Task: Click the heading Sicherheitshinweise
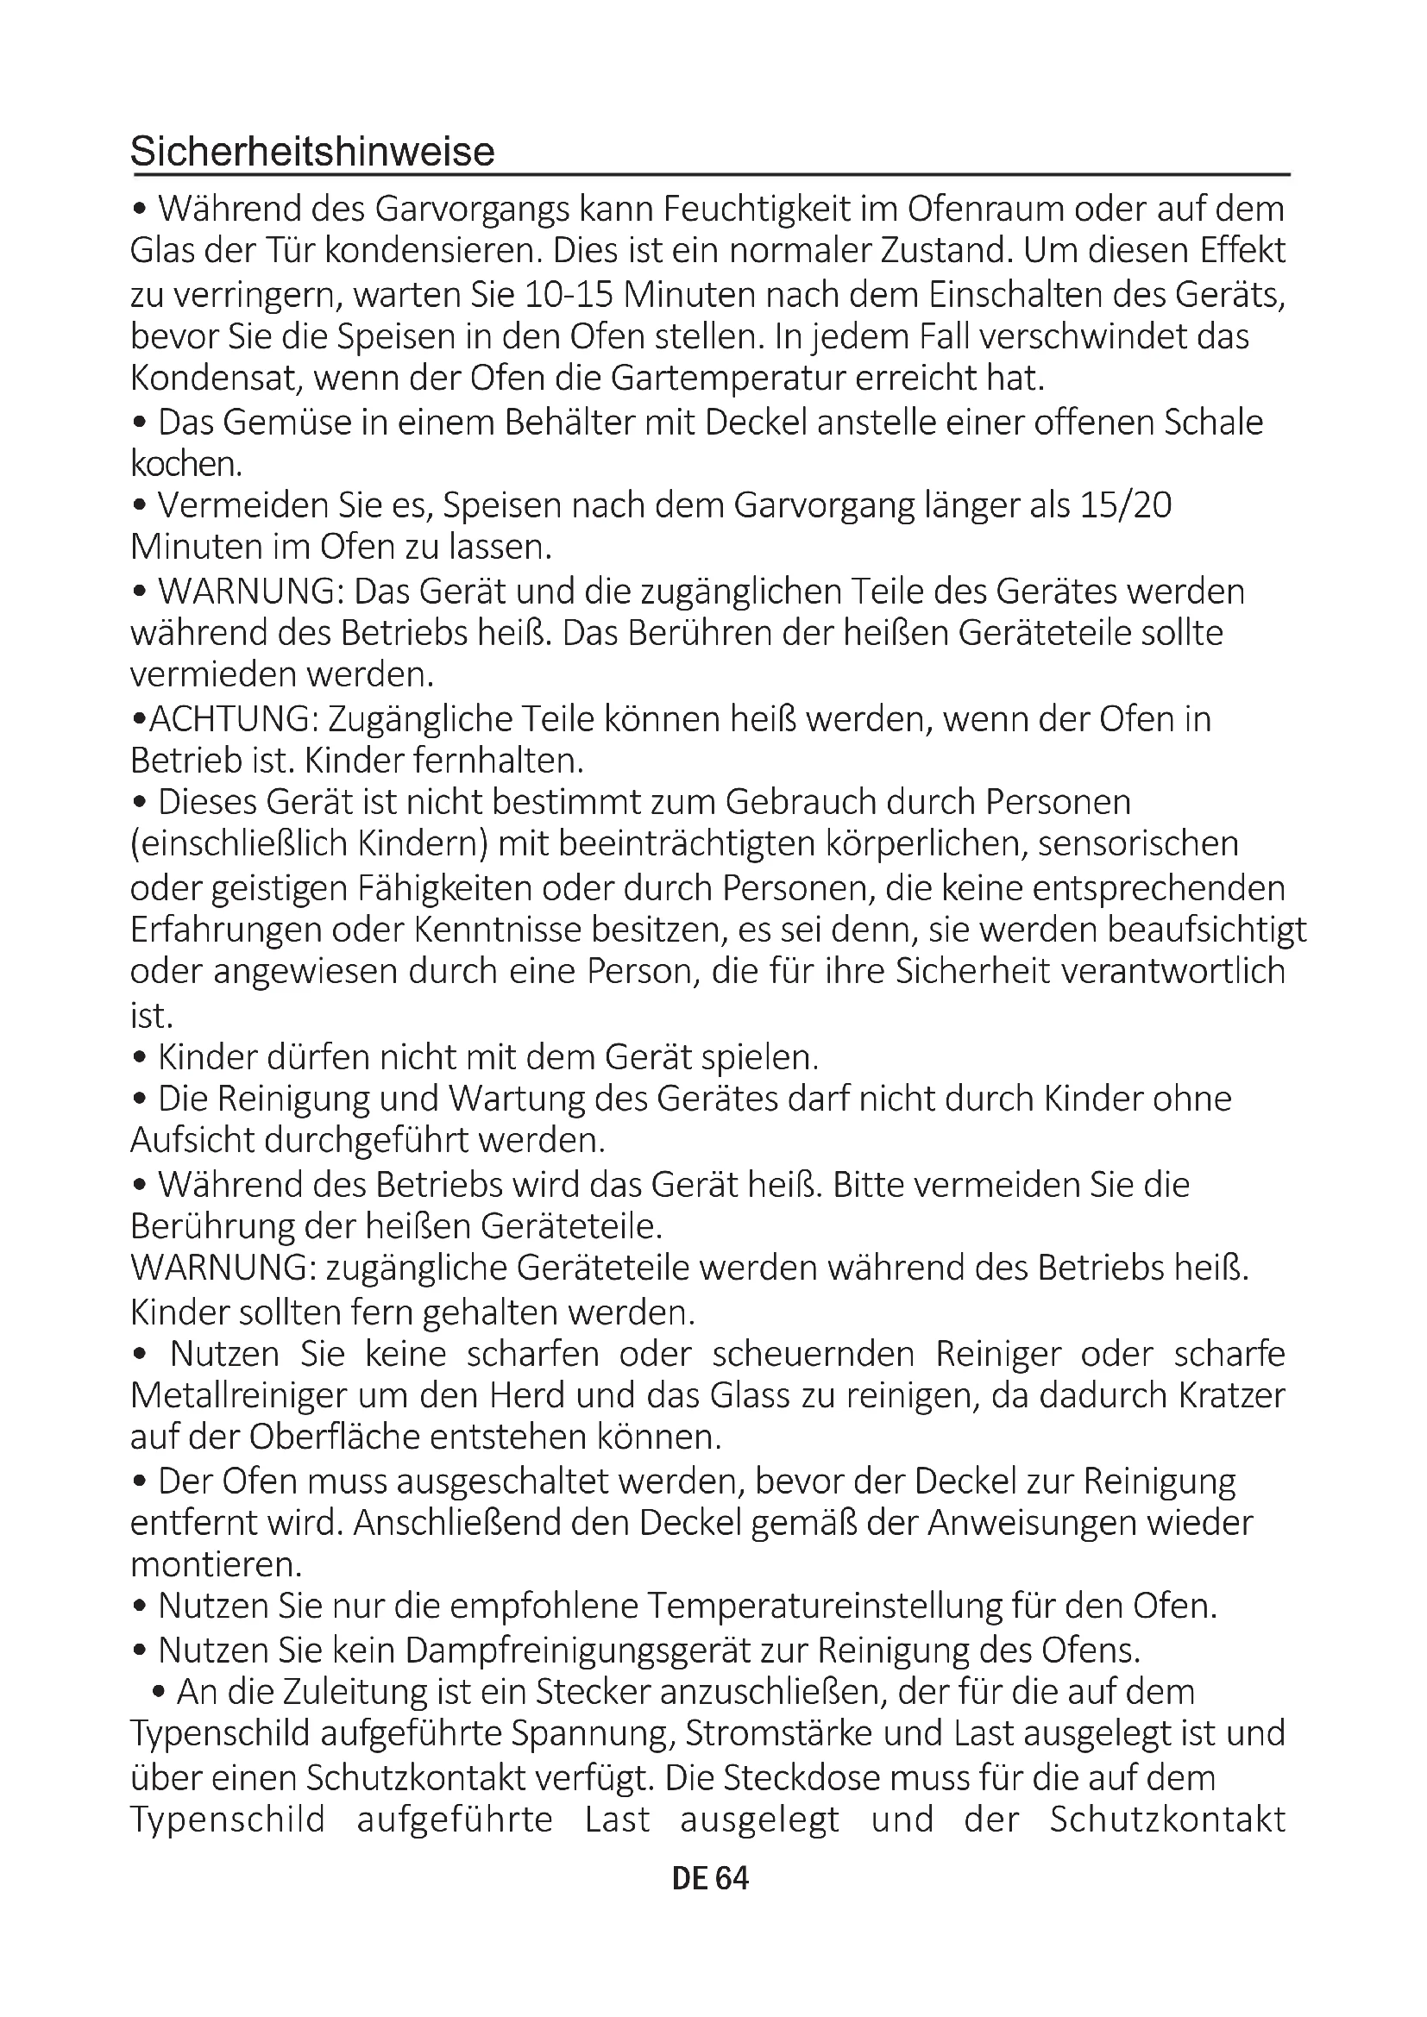pyautogui.click(x=312, y=152)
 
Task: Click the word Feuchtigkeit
pyautogui.click(x=778, y=210)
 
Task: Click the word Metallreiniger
pyautogui.click(x=231, y=1396)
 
